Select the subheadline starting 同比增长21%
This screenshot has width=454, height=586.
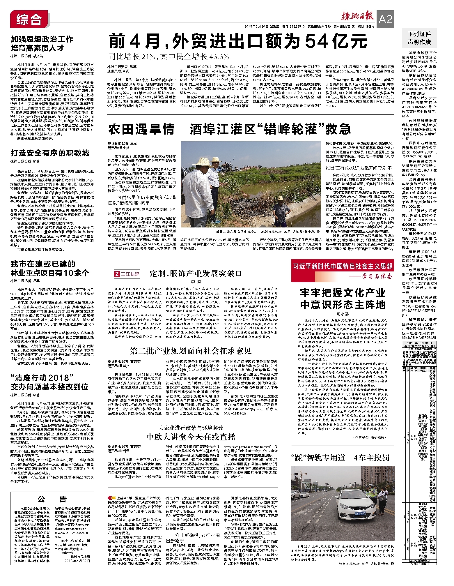169,57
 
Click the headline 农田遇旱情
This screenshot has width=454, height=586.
141,129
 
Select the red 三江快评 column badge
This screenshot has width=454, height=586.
127,274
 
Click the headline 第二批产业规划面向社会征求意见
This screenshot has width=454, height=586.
191,351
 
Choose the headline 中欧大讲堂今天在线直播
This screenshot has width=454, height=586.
191,437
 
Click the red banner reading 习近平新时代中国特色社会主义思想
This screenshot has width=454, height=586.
343,266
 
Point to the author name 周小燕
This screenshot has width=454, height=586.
343,314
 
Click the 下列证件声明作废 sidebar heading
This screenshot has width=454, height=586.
419,38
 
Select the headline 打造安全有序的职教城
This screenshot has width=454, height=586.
50,153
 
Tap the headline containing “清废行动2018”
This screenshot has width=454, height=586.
49,382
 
